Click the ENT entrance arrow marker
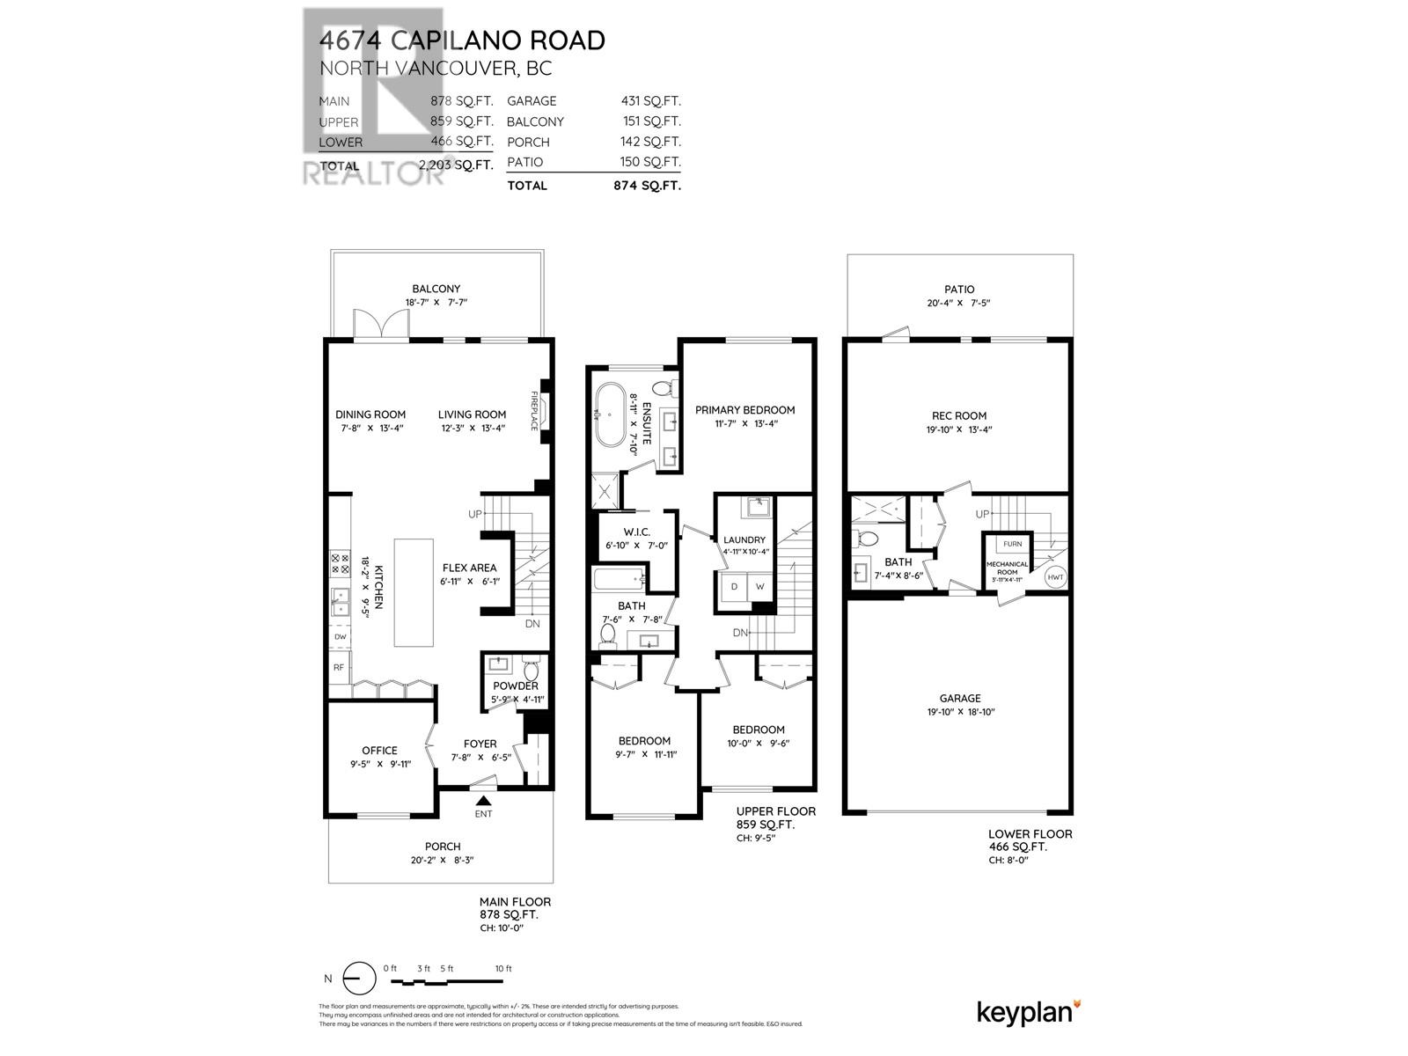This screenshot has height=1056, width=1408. [483, 800]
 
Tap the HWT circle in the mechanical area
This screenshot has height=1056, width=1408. [1055, 578]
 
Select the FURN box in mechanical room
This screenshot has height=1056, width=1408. [1012, 544]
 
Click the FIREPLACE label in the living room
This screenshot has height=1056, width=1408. [534, 411]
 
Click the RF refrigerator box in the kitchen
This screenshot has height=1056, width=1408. [338, 667]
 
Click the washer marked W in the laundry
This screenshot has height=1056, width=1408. [760, 586]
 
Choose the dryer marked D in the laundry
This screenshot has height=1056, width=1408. [734, 586]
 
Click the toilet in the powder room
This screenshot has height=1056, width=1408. [530, 671]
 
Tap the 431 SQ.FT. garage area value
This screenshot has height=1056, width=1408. [650, 101]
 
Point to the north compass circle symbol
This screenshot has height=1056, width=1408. [354, 979]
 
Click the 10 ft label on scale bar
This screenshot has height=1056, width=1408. [502, 969]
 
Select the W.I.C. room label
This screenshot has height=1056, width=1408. [635, 532]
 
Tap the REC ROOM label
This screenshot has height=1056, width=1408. [959, 415]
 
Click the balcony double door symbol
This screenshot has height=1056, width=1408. [380, 325]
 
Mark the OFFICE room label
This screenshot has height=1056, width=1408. [379, 751]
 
